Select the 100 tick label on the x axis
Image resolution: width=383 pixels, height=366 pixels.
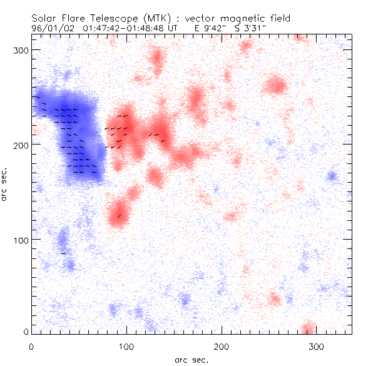pos(126,346)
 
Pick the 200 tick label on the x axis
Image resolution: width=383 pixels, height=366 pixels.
pos(222,346)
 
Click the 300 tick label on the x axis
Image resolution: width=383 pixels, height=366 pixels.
pos(317,346)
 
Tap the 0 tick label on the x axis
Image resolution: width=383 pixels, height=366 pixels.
pos(32,346)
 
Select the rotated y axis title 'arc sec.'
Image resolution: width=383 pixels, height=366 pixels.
pos(6,185)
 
